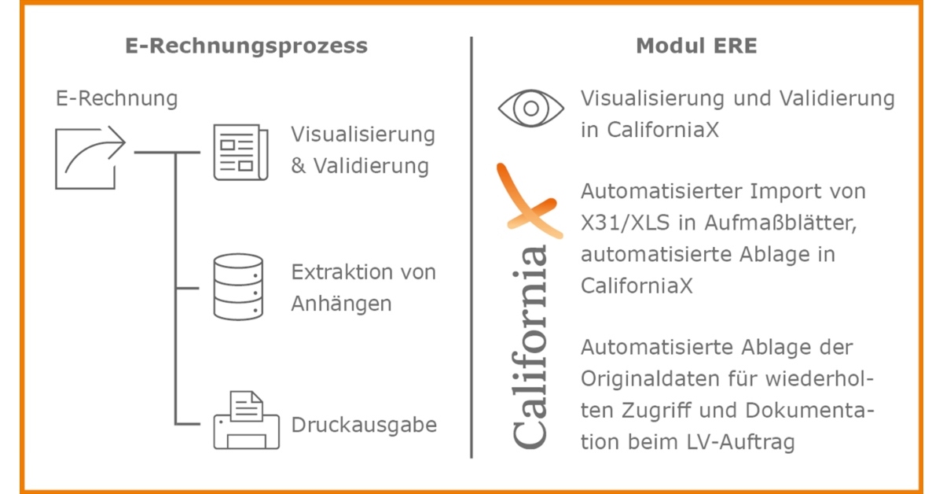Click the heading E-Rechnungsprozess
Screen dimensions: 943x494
246,46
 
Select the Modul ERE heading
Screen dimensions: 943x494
696,46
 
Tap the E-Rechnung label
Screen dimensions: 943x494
116,99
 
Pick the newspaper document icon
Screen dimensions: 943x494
240,152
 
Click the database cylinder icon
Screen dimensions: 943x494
238,286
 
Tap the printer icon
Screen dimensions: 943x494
246,420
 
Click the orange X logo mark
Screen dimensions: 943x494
530,201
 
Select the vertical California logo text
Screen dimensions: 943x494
530,346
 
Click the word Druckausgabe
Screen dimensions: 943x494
364,426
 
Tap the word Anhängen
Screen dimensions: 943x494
341,304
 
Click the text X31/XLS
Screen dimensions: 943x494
626,223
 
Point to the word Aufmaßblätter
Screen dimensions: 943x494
781,223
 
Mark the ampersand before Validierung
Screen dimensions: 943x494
298,166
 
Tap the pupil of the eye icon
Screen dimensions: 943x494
531,109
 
